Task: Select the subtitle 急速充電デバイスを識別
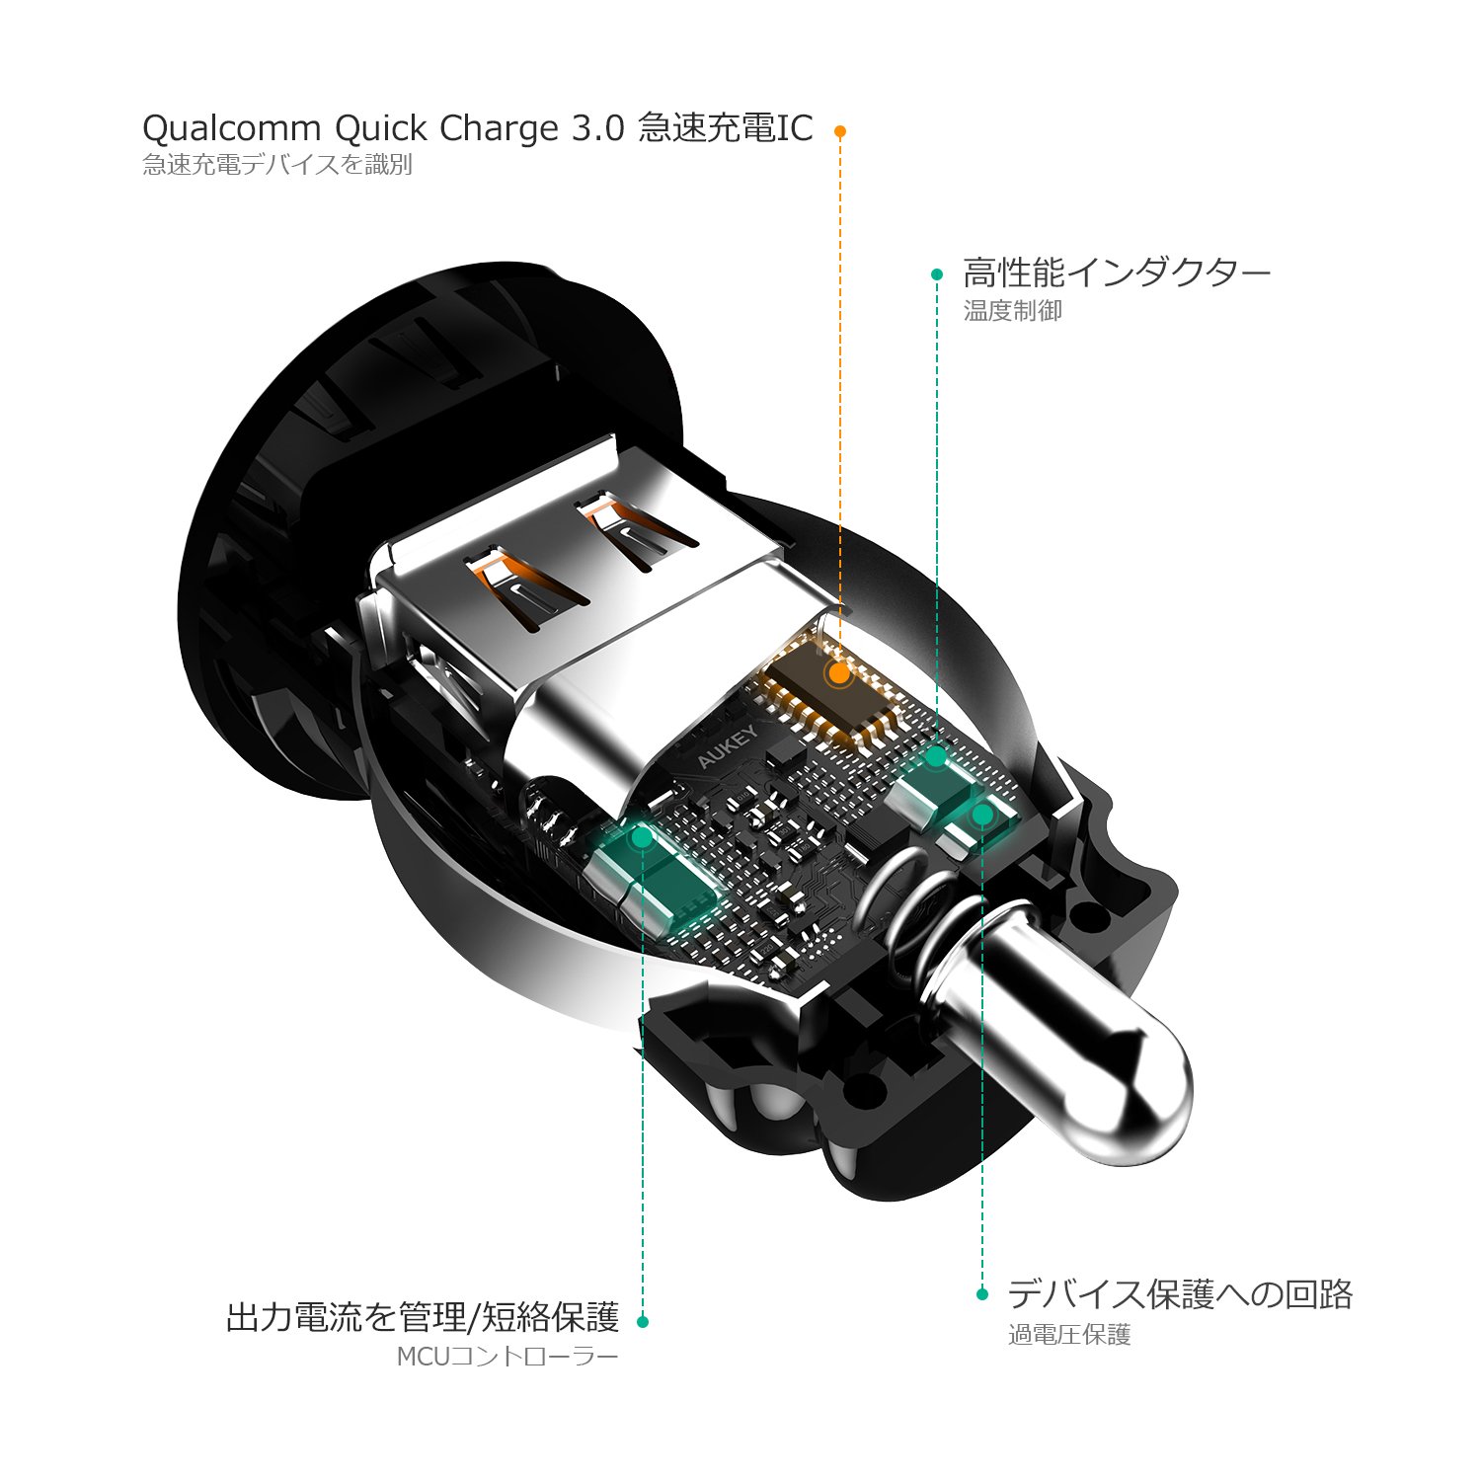(x=277, y=165)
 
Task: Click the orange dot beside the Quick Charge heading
(x=839, y=130)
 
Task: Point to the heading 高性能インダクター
(x=1117, y=273)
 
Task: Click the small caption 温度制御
(x=1013, y=311)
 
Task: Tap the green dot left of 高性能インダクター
(x=937, y=274)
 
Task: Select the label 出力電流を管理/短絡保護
(x=423, y=1317)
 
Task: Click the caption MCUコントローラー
(x=507, y=1357)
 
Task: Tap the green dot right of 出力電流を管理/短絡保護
(x=643, y=1321)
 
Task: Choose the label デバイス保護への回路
(x=1180, y=1293)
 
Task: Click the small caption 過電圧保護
(x=1069, y=1335)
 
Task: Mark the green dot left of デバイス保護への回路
(x=981, y=1293)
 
